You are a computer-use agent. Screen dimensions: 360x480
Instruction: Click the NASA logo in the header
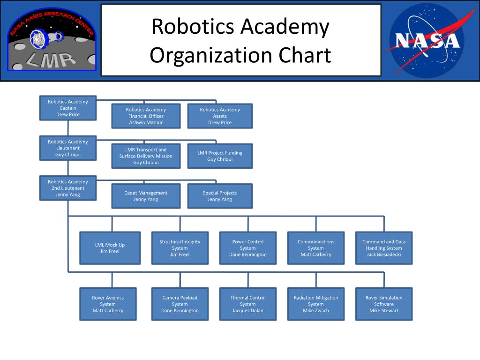pos(426,40)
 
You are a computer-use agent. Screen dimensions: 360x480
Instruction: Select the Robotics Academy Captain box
pos(68,108)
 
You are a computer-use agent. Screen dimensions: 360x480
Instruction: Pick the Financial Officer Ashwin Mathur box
pos(146,116)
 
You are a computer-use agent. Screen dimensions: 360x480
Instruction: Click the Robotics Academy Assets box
pos(220,116)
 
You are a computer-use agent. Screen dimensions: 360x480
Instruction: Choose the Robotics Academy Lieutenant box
pos(68,148)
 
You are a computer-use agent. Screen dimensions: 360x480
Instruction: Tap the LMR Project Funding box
pos(220,156)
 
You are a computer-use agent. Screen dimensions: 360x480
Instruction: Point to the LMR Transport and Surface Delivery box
pos(146,156)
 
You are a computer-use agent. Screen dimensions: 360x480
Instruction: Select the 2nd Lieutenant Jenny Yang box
pos(68,188)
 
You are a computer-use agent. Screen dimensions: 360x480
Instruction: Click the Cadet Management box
pos(146,196)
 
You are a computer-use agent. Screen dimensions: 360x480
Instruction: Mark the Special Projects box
pos(220,196)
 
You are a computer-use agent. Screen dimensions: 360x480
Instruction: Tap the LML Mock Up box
pos(110,248)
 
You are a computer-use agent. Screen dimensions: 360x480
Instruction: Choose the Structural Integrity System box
pos(180,248)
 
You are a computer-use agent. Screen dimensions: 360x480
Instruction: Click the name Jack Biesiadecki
pos(384,255)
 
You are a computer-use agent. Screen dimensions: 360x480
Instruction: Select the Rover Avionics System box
pos(108,304)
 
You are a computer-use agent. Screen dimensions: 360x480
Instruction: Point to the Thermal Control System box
pos(248,304)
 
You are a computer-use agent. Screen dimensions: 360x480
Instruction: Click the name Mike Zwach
pos(316,310)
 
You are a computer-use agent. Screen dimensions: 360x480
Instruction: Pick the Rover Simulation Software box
pos(384,304)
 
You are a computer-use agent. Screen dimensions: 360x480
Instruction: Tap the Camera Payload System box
pos(180,304)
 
